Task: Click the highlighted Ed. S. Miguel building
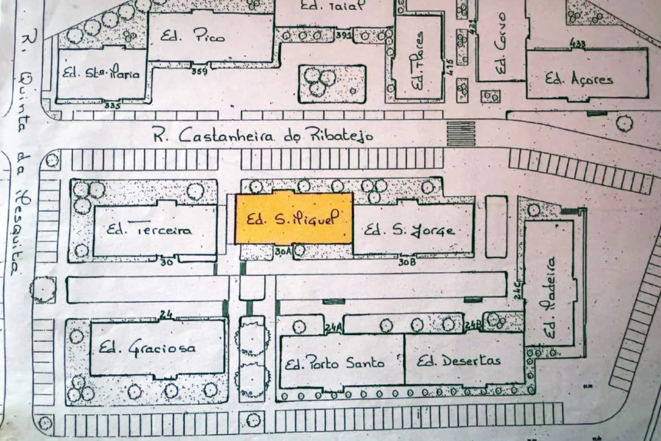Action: click(x=294, y=219)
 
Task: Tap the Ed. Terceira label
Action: click(x=149, y=230)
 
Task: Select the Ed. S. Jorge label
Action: click(x=409, y=230)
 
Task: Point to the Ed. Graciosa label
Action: click(x=148, y=349)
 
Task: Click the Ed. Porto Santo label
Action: click(x=335, y=363)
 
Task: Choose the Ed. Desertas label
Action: click(x=458, y=360)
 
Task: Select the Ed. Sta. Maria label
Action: click(x=101, y=74)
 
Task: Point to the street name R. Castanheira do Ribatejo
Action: click(x=263, y=135)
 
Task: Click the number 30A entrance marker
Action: click(x=282, y=251)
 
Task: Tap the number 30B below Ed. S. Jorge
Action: click(x=407, y=262)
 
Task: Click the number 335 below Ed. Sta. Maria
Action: click(x=112, y=105)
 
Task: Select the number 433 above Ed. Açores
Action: click(x=578, y=43)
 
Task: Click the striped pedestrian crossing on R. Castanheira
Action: click(x=461, y=134)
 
